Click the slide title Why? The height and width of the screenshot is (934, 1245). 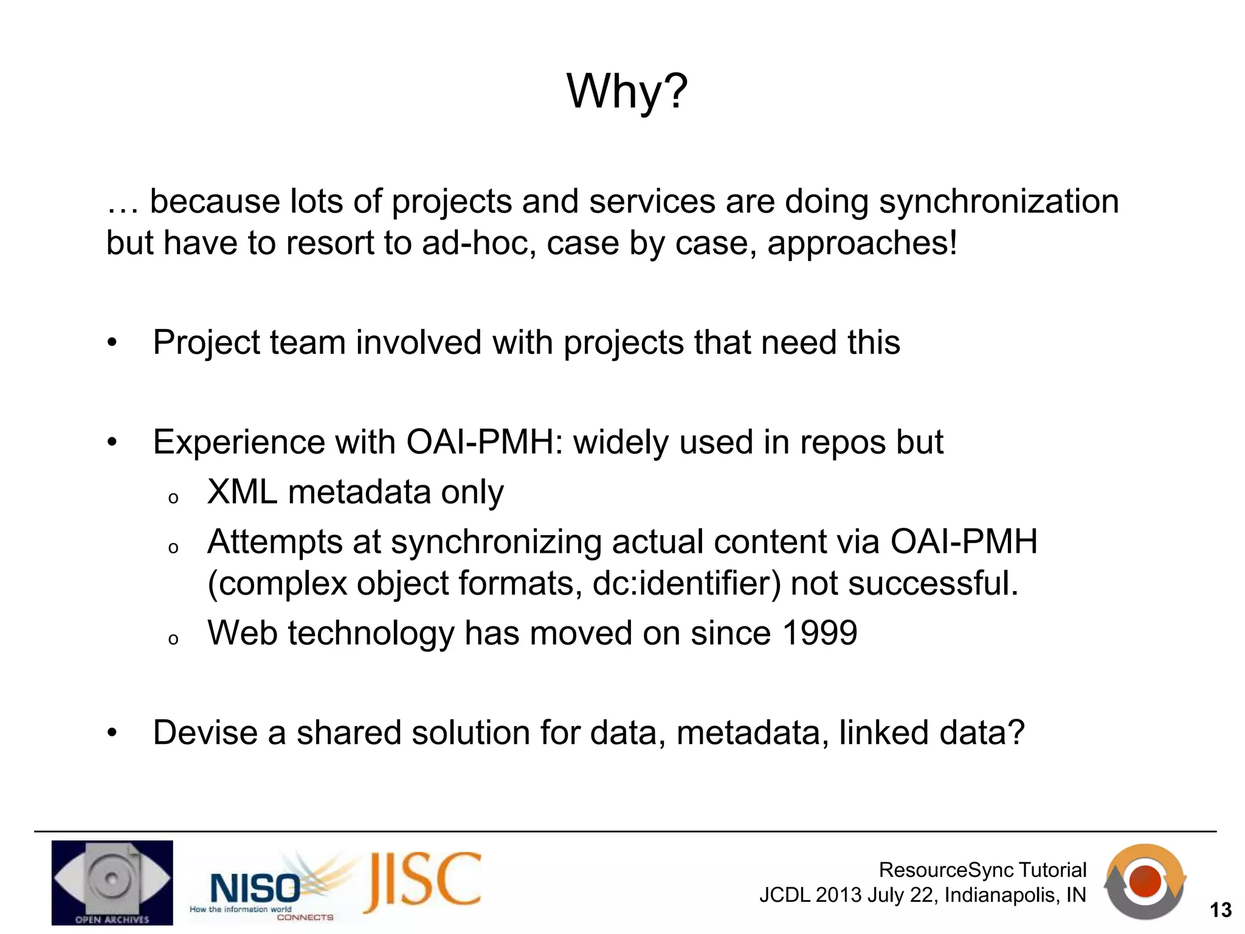pos(627,91)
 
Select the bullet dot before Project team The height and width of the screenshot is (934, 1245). pos(112,343)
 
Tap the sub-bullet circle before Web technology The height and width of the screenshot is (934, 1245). pos(173,639)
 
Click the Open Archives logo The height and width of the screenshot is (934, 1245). pos(112,882)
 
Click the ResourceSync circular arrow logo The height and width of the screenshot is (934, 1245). pos(1145,881)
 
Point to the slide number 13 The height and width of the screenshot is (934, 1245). pos(1220,910)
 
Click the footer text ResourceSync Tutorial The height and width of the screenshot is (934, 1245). pos(982,870)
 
